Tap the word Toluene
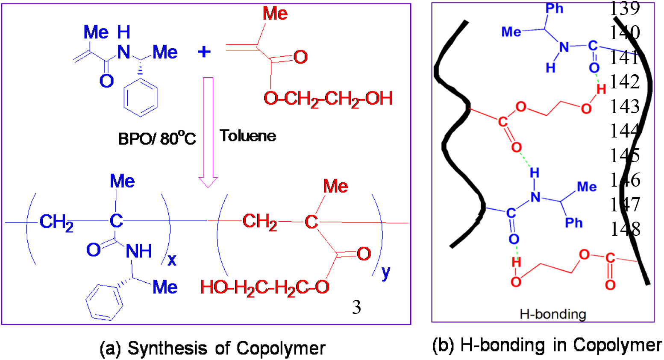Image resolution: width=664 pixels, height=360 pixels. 248,136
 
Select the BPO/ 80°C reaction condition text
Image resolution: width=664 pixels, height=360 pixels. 157,138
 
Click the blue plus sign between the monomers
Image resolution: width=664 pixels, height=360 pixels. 204,52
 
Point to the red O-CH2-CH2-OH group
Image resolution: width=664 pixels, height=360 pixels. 328,99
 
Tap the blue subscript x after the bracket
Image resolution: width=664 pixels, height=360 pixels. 172,260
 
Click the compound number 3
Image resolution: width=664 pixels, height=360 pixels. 356,307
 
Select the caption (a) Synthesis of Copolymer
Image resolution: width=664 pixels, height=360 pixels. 212,348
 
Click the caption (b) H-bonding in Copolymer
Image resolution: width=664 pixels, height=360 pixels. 547,345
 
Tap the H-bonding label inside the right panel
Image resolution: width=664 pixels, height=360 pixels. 552,314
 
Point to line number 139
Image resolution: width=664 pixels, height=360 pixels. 624,8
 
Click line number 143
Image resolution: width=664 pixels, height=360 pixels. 624,106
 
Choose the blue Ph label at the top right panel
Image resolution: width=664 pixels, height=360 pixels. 554,8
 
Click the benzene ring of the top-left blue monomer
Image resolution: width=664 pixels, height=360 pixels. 141,97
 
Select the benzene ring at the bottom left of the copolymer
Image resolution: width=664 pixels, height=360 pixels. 104,301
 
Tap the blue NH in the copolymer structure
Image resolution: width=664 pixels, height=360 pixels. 139,252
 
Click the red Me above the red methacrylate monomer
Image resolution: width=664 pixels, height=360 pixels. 275,14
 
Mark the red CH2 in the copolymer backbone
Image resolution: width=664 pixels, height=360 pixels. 259,222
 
